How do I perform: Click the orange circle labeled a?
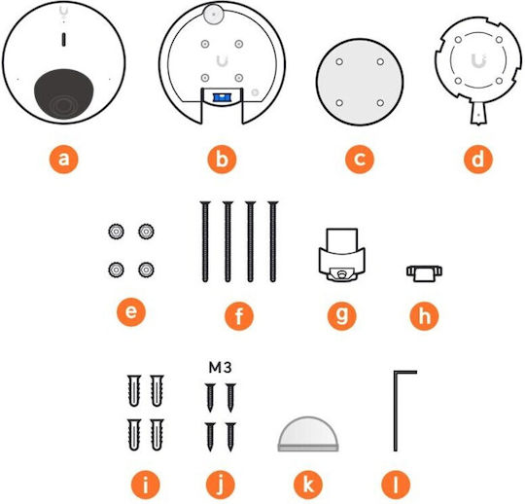pos(63,159)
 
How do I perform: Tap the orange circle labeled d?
pos(477,159)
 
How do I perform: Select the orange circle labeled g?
pos(342,315)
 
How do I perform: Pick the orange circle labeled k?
pos(308,485)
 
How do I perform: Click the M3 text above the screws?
pos(220,368)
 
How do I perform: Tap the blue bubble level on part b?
pos(221,97)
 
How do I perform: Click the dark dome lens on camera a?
pos(63,93)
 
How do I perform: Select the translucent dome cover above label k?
pos(308,434)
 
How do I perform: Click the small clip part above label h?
pos(424,272)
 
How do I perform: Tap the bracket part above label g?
pos(342,255)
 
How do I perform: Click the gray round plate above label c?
pos(360,82)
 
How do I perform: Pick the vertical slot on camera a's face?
pos(63,39)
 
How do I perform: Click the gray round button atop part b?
pos(213,14)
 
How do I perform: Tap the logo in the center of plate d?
pos(478,60)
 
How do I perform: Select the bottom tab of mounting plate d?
pos(478,113)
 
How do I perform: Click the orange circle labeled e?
pos(131,311)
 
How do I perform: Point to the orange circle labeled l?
pos(396,485)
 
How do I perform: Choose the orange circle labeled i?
pos(145,485)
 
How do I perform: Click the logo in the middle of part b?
pos(222,61)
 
